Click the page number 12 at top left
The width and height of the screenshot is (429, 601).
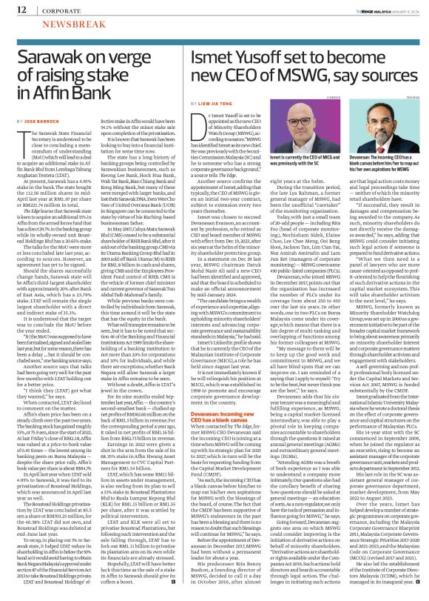(14, 8)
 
